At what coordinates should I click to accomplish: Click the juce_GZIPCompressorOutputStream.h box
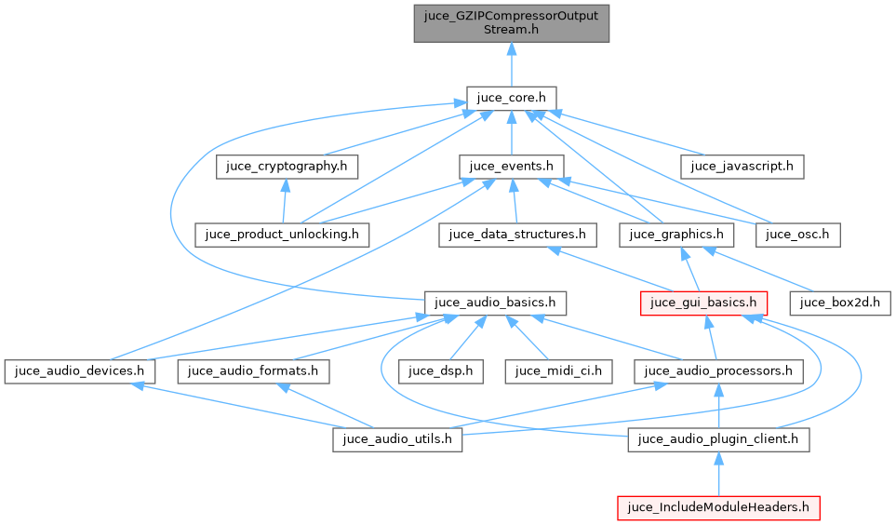click(x=511, y=22)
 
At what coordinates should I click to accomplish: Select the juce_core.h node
click(x=511, y=98)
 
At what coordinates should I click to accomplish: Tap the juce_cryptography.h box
click(x=288, y=167)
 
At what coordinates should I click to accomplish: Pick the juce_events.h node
click(x=512, y=167)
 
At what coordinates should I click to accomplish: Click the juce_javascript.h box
click(x=742, y=167)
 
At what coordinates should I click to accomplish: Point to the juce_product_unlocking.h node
click(x=281, y=234)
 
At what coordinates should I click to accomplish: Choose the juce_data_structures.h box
click(x=516, y=234)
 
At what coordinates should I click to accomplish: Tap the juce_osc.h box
click(x=798, y=234)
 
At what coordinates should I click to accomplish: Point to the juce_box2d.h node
click(x=840, y=303)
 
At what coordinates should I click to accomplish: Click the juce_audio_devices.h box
click(x=78, y=370)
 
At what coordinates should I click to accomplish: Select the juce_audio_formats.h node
click(x=253, y=370)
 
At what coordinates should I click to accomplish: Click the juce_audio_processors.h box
click(x=718, y=370)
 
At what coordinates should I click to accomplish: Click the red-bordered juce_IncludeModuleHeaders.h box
click(x=718, y=507)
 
